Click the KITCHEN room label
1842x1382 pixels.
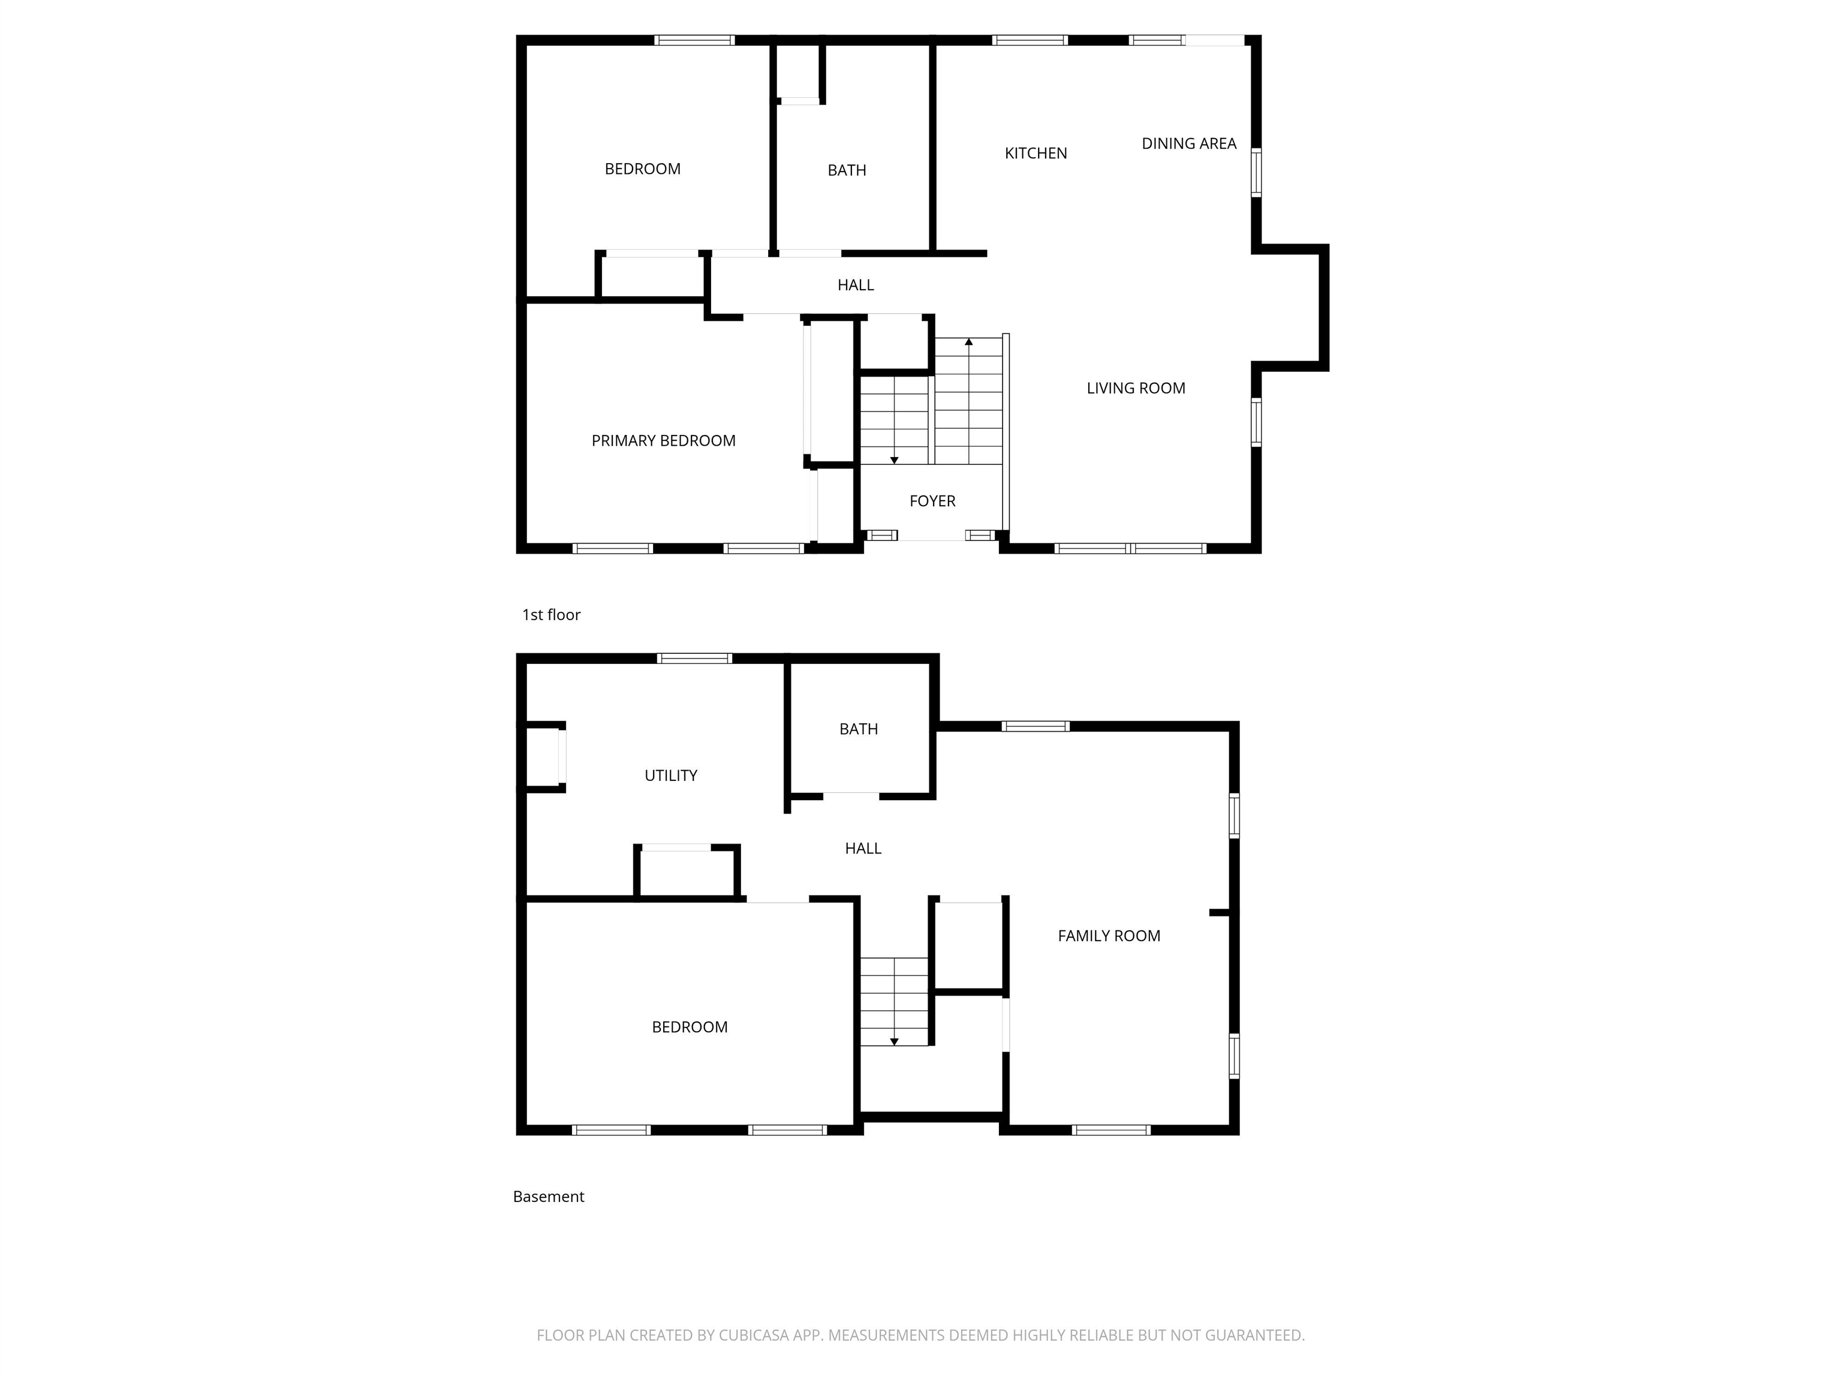pos(1035,154)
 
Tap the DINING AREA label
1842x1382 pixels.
pos(1188,143)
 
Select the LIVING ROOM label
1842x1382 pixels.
pos(1135,388)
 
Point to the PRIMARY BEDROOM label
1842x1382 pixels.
pos(663,441)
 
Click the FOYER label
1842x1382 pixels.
pos(932,501)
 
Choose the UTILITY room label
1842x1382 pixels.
pos(670,776)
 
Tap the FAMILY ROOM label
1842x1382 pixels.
pos(1108,936)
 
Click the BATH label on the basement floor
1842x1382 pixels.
pos(857,729)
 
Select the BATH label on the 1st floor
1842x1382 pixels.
pos(846,170)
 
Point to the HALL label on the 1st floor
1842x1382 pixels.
pos(855,285)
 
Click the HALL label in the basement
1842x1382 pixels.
pos(863,848)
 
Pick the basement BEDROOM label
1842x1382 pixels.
pos(689,1027)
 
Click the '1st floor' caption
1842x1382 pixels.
pos(550,615)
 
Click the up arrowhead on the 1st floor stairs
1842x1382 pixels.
pos(968,341)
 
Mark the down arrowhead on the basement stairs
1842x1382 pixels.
pos(893,1041)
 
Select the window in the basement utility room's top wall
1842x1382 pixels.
pos(694,658)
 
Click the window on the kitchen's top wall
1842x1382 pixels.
pos(1030,40)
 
